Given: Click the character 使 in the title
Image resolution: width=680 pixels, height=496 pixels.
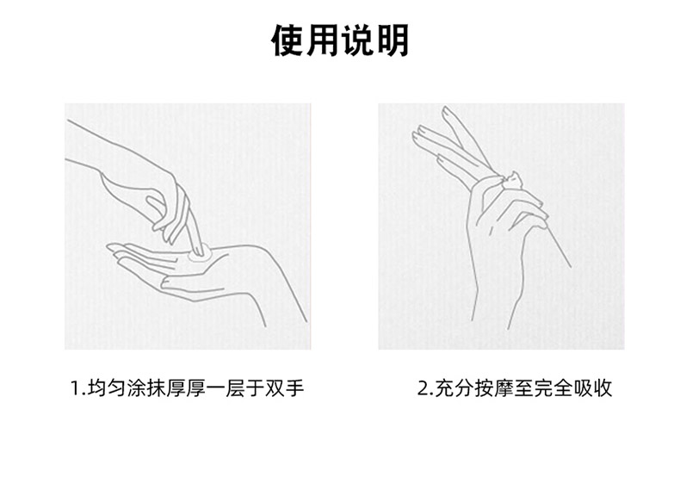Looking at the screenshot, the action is tap(288, 40).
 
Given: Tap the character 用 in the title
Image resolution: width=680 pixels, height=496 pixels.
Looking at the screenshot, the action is tap(323, 40).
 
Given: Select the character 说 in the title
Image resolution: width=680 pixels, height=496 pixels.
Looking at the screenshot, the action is tap(357, 40).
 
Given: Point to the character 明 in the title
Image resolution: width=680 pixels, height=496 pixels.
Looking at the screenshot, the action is tap(392, 40).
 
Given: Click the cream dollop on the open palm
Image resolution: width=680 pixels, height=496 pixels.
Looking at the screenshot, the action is tap(200, 254).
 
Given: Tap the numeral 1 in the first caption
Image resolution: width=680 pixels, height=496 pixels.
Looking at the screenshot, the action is tap(76, 388).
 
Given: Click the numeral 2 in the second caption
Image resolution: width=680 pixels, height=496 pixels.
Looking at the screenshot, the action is tap(423, 388).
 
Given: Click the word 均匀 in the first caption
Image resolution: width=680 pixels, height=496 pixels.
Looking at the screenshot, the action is tap(107, 388).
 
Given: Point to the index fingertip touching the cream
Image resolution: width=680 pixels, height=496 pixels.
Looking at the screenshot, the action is tap(199, 250).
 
